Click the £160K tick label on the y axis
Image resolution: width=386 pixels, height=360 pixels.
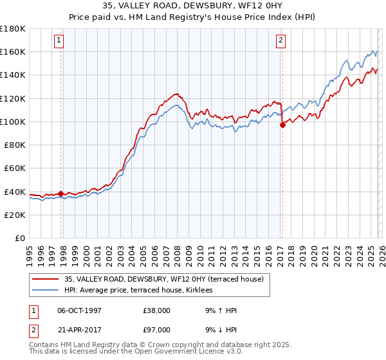[13, 51]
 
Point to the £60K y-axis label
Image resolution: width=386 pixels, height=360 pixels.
[15, 168]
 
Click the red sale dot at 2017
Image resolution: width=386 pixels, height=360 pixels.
[282, 125]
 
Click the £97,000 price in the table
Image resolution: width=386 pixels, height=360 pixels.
[157, 330]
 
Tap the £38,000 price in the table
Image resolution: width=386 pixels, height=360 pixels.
[157, 310]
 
